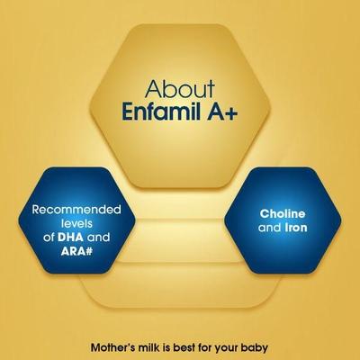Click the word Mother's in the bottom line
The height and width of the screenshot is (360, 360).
coord(119,346)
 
